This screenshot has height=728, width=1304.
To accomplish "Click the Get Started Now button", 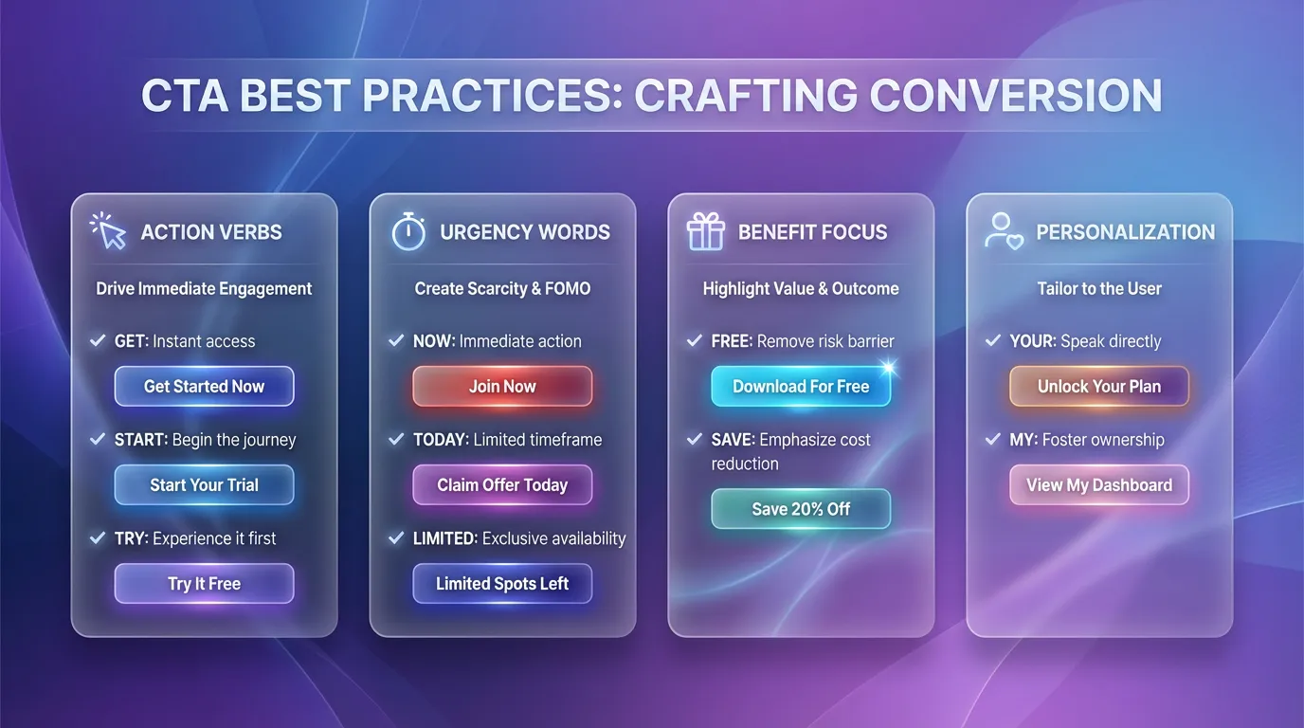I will (x=204, y=387).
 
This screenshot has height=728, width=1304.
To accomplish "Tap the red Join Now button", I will (x=502, y=387).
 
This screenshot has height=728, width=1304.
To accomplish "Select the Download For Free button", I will (x=801, y=387).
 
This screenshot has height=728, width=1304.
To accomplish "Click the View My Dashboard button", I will (x=1099, y=485).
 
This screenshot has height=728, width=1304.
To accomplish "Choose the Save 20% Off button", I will (x=801, y=509).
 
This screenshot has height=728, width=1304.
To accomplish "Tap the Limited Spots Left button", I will (x=502, y=584).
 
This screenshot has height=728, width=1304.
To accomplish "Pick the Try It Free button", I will (x=204, y=584).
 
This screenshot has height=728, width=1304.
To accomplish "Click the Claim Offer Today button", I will (x=502, y=485).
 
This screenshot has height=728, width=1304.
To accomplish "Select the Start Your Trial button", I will (x=204, y=485).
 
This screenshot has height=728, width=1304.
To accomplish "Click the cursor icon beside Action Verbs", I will (x=108, y=230).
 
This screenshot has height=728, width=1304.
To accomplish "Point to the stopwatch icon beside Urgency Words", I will (x=408, y=231).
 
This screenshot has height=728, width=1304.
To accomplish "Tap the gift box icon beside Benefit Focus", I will (x=705, y=231).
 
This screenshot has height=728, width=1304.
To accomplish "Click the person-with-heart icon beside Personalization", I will (x=1004, y=231).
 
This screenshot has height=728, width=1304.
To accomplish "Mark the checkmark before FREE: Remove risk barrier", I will (x=695, y=341).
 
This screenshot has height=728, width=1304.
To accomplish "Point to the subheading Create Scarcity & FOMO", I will (x=502, y=289).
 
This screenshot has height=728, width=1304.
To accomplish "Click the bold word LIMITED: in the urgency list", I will (x=444, y=538).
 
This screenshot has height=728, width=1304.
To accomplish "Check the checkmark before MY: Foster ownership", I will (x=993, y=440).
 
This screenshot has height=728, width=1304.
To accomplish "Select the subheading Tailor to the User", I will (x=1099, y=289).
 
